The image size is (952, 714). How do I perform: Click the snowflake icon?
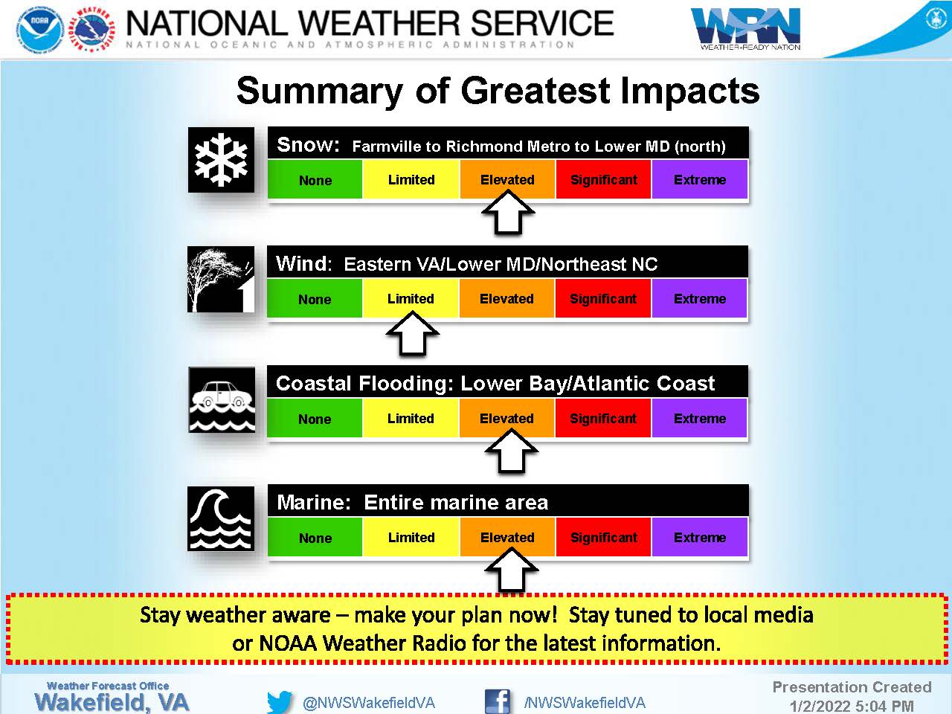pos(221,160)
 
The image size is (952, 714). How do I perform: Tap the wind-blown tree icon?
pos(221,279)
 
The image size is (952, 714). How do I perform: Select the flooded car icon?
pos(222,399)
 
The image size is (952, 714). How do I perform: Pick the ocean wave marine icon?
pos(221,518)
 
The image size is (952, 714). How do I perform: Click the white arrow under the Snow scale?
pos(508,213)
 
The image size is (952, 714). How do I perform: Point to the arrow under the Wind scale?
pos(413,334)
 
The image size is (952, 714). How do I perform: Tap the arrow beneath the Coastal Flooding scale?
pos(512,451)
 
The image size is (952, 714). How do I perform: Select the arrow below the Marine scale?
pos(512,570)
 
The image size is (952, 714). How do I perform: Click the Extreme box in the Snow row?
pos(700,179)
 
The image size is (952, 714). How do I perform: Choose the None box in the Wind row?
pos(315,299)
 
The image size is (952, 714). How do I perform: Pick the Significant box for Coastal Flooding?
pos(603,418)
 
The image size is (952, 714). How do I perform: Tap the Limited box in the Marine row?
pos(411,537)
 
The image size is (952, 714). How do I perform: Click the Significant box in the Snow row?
pos(604,179)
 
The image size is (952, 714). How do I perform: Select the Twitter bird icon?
pos(280,701)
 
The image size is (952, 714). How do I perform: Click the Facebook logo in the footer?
pos(497,701)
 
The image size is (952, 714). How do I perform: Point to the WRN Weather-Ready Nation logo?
pos(746,28)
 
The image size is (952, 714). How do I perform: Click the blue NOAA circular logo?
pos(40,30)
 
